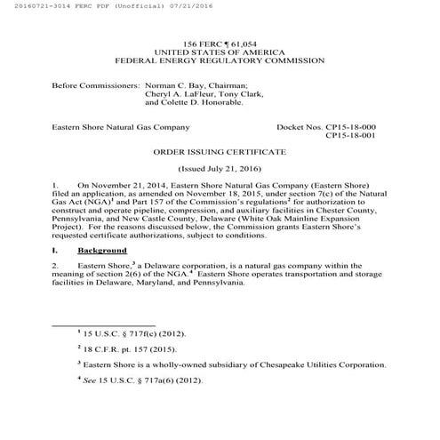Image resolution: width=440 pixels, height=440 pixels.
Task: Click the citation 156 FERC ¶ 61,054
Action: pos(220,44)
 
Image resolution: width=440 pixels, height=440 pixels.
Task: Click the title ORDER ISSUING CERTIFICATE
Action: pos(220,152)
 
